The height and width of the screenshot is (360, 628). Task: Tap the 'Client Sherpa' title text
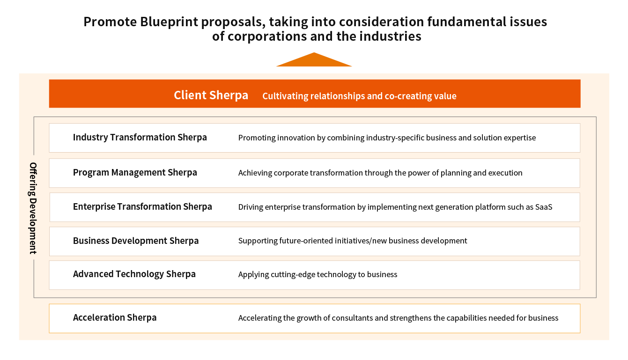tap(211, 95)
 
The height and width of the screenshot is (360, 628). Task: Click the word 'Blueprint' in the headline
tap(169, 22)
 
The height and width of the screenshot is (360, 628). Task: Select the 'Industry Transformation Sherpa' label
tap(140, 137)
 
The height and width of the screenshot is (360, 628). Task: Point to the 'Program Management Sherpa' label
tap(135, 172)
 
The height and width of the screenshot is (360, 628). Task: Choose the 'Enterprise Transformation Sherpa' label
tap(142, 206)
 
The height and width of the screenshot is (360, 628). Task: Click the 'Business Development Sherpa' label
tap(136, 241)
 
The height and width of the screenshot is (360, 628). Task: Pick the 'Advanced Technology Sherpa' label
tap(134, 274)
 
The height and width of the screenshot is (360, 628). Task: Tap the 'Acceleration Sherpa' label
tap(115, 317)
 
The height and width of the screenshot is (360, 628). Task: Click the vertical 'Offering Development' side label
tap(33, 208)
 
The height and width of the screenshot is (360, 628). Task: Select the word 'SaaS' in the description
tap(544, 207)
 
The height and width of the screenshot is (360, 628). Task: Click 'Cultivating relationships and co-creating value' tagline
tap(359, 96)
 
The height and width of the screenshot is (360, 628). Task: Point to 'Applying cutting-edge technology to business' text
tap(318, 274)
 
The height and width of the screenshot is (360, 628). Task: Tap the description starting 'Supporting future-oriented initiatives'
tap(353, 241)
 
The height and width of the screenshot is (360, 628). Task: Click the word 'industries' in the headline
tap(390, 37)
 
